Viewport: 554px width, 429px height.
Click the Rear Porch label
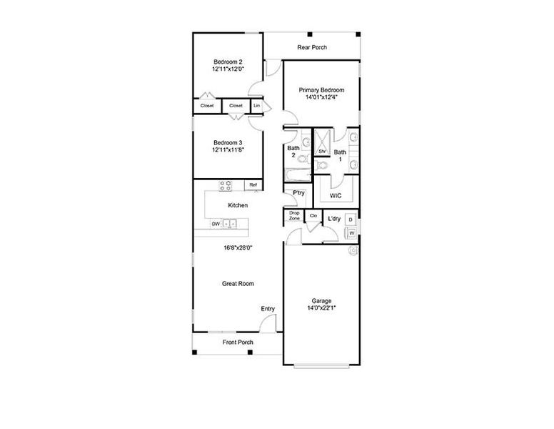click(x=312, y=48)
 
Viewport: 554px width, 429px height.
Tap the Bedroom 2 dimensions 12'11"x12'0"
click(x=228, y=69)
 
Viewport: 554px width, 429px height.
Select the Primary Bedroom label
click(x=321, y=90)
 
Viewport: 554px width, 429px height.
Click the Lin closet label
click(x=257, y=106)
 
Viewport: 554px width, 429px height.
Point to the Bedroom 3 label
click(x=228, y=142)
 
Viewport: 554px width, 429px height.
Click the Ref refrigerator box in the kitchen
click(x=253, y=185)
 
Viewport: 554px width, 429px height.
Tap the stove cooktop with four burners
click(x=225, y=186)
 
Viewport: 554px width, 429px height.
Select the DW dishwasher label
click(x=215, y=225)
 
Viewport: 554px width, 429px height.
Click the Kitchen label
click(x=238, y=205)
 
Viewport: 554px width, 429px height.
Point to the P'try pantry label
click(x=298, y=193)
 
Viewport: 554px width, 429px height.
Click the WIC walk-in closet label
click(x=336, y=195)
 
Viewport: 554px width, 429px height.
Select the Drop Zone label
click(x=294, y=215)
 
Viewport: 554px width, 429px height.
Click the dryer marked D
click(x=351, y=219)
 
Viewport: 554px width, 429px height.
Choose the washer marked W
click(x=351, y=233)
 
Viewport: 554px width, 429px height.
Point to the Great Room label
click(x=238, y=284)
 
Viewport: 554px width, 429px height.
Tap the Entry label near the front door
click(x=268, y=309)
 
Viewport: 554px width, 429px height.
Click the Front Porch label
click(x=238, y=342)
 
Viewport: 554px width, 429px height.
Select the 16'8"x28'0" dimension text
click(x=238, y=247)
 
